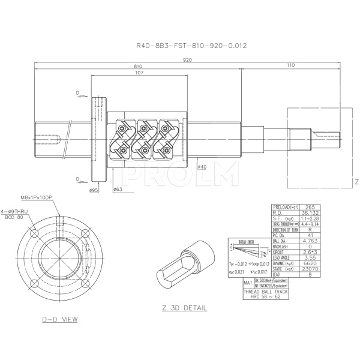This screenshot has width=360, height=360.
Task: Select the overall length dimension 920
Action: pos(188,60)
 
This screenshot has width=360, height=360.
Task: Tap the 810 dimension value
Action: pos(138,67)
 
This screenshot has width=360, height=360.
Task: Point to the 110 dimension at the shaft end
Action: pos(290,65)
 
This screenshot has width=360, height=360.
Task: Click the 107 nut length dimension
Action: pos(139,73)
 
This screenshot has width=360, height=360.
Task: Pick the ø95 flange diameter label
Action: pos(94,190)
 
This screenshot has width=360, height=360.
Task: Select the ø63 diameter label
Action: pos(118,190)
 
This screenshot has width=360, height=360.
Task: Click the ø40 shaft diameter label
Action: pos(202,167)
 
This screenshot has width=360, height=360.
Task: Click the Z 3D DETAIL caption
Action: pos(184,308)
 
